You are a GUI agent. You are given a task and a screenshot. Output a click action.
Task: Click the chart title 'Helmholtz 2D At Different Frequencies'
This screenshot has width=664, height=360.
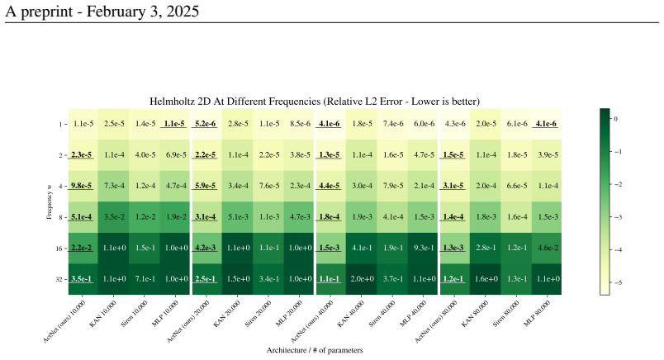[x=235, y=102]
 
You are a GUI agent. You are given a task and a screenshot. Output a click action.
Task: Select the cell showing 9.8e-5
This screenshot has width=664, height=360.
[x=82, y=186]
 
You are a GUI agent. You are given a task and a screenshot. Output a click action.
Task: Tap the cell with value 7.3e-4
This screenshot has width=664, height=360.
[x=114, y=186]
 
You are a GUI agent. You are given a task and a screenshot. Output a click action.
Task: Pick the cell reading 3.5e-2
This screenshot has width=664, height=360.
[x=114, y=217]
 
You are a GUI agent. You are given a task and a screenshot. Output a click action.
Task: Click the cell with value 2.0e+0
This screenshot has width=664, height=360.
[x=362, y=279]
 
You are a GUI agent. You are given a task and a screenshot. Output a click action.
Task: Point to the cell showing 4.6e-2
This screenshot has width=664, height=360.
[x=548, y=248]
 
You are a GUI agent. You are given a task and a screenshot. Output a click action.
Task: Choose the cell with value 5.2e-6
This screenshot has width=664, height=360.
[x=206, y=124]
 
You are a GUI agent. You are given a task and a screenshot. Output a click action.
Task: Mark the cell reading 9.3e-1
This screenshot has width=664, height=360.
[x=424, y=248]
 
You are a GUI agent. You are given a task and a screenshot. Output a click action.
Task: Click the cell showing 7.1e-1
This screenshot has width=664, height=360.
[x=145, y=279]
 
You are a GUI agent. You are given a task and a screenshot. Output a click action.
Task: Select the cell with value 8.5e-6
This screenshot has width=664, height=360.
[x=301, y=124]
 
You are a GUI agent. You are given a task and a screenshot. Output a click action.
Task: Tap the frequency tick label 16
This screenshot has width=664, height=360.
[x=59, y=249]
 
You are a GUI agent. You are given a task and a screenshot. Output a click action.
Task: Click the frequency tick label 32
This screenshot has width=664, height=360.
[x=59, y=280]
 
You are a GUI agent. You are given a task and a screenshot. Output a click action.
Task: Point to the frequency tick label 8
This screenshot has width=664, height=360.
[x=60, y=218]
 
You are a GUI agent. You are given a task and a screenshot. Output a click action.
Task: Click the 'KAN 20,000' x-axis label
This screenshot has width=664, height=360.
[x=226, y=314]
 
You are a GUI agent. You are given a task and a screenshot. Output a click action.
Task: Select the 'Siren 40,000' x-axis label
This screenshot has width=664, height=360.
[x=383, y=314]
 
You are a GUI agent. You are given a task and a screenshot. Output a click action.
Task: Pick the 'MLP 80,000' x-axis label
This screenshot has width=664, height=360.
[x=537, y=314]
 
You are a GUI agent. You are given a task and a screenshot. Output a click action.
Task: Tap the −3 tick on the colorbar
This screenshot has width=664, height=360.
[x=618, y=217]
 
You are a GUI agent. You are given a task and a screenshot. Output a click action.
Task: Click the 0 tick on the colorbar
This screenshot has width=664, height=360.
[x=616, y=119]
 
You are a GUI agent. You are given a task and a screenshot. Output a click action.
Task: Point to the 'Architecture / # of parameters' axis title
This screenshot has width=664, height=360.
[x=315, y=350]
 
